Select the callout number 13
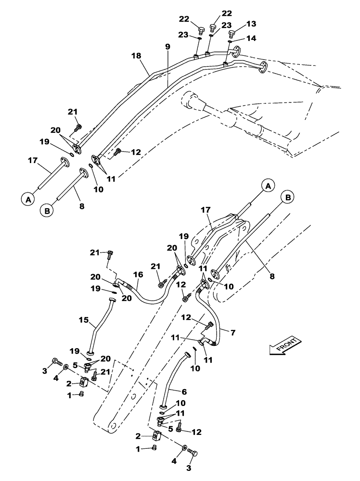tap(251, 24)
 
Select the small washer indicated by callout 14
tap(230, 42)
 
